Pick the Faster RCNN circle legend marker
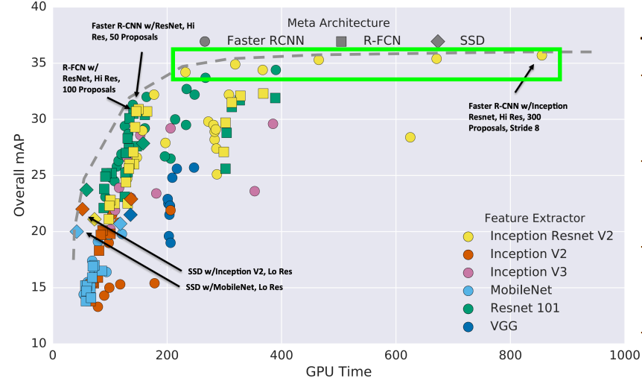click(205, 40)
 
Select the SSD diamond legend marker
click(438, 40)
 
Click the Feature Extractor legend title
click(534, 218)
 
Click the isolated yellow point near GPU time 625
click(410, 137)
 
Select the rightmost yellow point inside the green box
click(541, 56)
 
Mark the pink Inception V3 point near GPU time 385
click(273, 124)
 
